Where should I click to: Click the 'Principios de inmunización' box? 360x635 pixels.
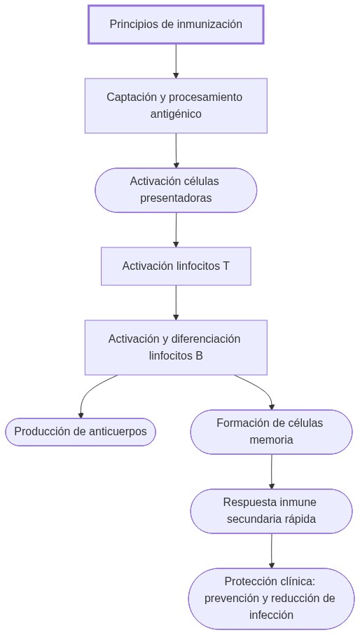tap(176, 25)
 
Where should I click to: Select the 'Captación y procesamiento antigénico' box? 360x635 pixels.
tap(176, 105)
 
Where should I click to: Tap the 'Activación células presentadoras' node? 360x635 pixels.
tap(176, 190)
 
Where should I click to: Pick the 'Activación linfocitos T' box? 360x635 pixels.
tap(176, 266)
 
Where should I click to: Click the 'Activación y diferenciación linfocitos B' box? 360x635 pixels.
tap(176, 347)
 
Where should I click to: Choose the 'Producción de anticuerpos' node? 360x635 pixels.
tap(81, 432)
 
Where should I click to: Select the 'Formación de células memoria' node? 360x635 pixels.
tap(271, 432)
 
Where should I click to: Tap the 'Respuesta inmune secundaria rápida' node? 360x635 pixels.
tap(271, 511)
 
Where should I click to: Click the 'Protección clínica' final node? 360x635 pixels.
tap(271, 599)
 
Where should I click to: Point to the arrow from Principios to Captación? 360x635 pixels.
tap(176, 61)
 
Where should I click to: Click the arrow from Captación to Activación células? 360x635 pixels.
tap(176, 150)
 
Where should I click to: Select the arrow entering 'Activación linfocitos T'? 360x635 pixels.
tap(176, 230)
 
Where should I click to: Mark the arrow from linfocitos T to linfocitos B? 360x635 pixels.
tap(176, 303)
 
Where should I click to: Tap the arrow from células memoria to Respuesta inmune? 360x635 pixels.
tap(272, 472)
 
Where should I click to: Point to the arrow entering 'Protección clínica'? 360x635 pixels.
tap(272, 551)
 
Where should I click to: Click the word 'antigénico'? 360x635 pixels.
tap(176, 114)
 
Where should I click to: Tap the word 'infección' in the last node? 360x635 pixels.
tap(271, 615)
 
